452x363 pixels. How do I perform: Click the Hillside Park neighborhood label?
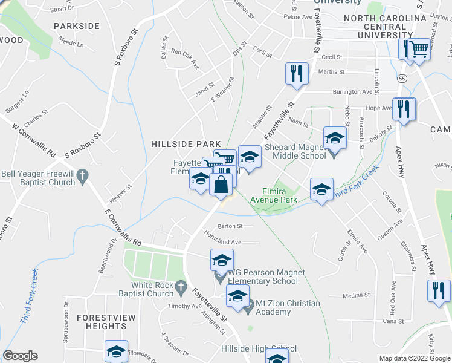click(186, 143)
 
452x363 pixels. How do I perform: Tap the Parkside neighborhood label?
click(76, 26)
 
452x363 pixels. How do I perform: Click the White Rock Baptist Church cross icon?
click(180, 285)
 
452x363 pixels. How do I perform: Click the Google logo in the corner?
click(20, 356)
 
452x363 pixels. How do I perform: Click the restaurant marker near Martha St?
click(297, 74)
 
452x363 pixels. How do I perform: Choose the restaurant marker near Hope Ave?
click(404, 109)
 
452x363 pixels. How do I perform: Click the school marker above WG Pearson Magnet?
click(222, 260)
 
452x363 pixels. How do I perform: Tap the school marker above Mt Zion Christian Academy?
click(237, 296)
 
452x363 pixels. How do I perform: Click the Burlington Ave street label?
click(355, 92)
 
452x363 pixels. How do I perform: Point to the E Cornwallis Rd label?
click(123, 227)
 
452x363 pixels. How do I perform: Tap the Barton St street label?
click(230, 226)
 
